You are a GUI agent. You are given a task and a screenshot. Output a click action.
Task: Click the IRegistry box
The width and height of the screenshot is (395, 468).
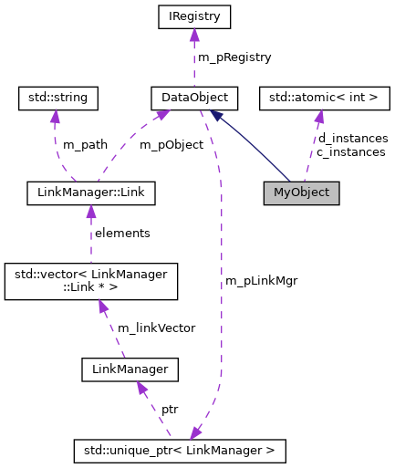pos(193,16)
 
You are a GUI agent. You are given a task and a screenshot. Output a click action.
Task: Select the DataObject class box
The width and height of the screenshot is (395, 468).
pos(194,96)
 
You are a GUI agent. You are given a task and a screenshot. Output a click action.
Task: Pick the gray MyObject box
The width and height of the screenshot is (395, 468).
pos(301,193)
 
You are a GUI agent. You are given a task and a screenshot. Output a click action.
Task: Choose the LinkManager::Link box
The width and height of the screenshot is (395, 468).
pos(91,193)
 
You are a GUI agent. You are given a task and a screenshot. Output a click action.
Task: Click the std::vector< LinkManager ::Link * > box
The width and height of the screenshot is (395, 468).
pos(90,281)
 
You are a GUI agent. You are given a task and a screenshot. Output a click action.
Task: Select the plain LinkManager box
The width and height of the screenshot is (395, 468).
pos(129,369)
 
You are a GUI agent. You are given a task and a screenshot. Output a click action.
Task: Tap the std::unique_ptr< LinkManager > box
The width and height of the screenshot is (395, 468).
pos(180,450)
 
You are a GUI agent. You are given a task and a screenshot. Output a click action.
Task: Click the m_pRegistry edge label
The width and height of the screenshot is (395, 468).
pos(234,57)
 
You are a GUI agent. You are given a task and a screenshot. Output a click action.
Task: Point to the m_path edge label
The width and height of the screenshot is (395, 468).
pos(85,144)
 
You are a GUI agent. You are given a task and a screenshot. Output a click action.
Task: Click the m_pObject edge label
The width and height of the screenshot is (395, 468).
pos(171,144)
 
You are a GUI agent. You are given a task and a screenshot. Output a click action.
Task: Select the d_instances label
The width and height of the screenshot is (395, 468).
pos(352,138)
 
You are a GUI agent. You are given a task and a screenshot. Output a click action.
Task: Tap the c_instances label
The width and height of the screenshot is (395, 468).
pos(350,151)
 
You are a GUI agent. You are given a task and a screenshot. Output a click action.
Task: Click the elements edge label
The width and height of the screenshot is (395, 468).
pos(122,233)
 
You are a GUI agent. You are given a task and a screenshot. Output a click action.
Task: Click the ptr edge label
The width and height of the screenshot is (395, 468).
pos(170,409)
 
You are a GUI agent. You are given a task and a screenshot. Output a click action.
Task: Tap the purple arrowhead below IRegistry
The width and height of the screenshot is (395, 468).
pos(193,36)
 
